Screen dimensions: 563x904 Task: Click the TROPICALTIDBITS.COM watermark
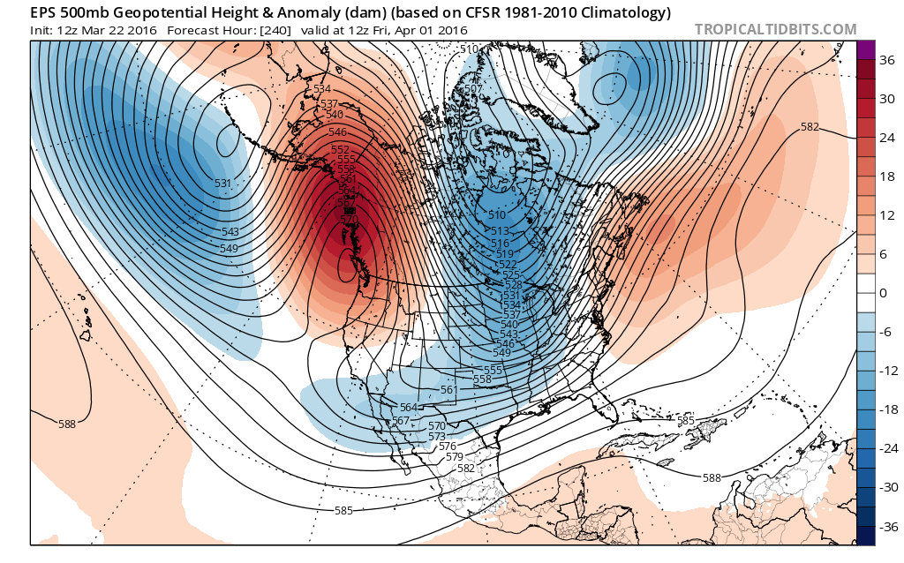point(775,29)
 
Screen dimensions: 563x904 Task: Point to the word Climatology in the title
point(628,12)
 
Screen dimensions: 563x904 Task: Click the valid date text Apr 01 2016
point(433,30)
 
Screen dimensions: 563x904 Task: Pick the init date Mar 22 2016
point(117,30)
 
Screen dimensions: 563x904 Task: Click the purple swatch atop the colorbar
point(865,50)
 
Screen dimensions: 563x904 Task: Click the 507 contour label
point(471,89)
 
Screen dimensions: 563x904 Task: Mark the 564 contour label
point(408,407)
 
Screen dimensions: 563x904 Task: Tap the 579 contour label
point(455,456)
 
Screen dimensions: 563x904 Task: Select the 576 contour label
point(447,447)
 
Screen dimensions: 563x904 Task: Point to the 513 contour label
point(501,230)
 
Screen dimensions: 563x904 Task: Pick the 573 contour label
point(437,437)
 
